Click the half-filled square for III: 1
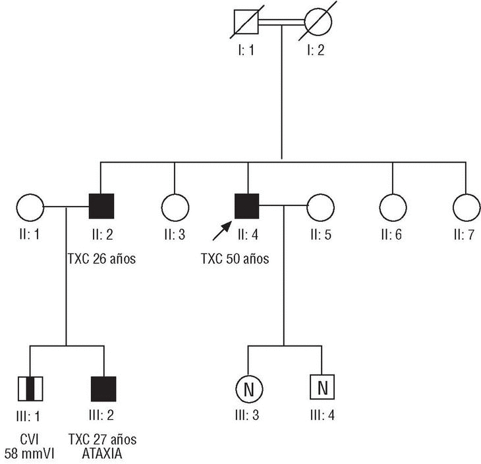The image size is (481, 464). (x=30, y=389)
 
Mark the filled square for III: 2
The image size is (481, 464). (x=103, y=389)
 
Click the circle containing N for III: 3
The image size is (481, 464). (x=248, y=389)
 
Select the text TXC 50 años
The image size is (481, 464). (x=235, y=259)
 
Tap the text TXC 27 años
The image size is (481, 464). (x=103, y=439)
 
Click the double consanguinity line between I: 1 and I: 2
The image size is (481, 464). (x=281, y=23)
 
